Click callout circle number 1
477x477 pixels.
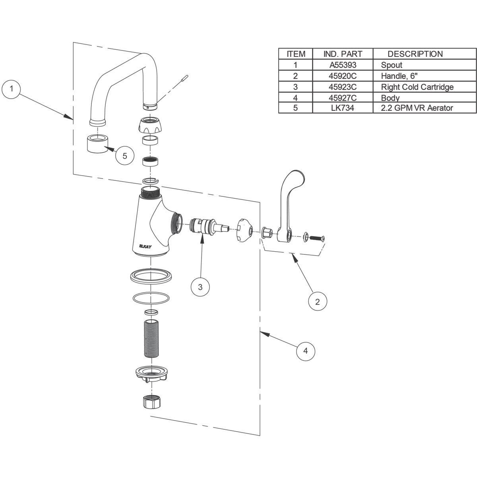coord(12,89)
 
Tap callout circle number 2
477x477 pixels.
coord(317,301)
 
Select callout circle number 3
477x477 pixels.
coord(200,287)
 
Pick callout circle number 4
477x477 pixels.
coord(305,351)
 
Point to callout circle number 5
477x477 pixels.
coord(125,155)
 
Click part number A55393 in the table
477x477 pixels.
coord(343,65)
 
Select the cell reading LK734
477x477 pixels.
coord(343,108)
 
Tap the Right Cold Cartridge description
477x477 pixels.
coord(417,87)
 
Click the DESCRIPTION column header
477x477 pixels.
coord(415,54)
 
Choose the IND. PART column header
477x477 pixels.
coord(343,54)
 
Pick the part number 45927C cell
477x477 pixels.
coord(343,97)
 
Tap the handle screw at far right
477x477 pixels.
coord(317,238)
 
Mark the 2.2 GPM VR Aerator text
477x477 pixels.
coord(417,108)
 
